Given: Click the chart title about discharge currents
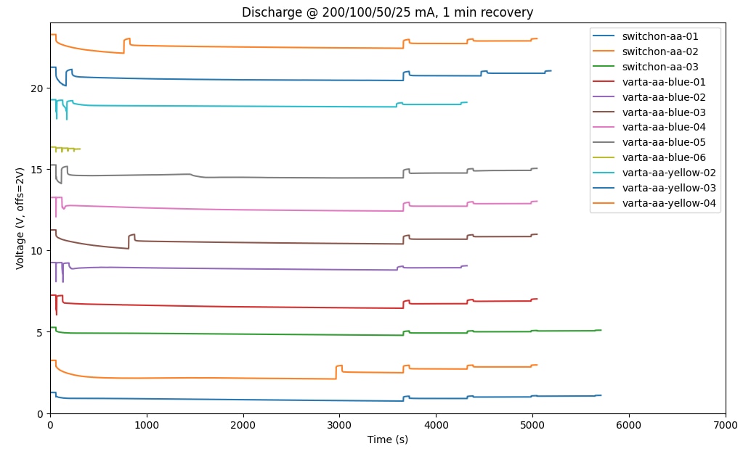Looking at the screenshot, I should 387,12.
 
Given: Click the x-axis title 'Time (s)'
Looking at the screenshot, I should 387,439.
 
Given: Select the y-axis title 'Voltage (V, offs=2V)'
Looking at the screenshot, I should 20,218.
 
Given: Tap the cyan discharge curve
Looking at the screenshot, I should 291,106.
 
